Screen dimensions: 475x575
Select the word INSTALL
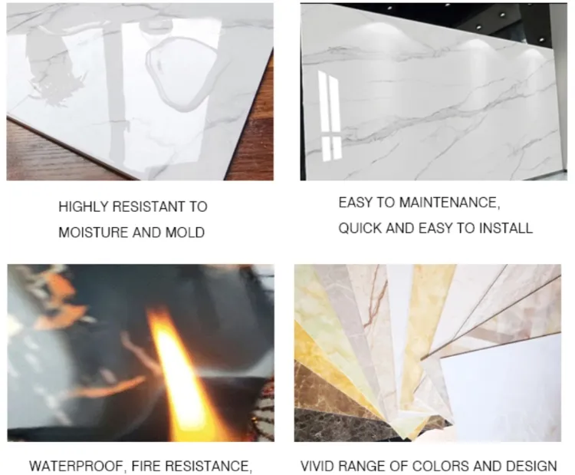pyautogui.click(x=507, y=228)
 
